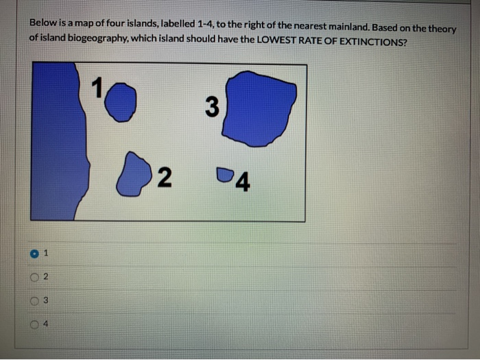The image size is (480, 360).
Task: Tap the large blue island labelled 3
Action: (x=260, y=108)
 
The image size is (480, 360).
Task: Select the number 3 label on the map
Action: (x=212, y=108)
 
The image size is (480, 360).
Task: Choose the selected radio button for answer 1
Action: (x=34, y=254)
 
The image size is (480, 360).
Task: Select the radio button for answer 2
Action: (x=34, y=277)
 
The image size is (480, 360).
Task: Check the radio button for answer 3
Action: (x=34, y=300)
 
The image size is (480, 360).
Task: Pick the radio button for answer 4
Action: (x=34, y=322)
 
